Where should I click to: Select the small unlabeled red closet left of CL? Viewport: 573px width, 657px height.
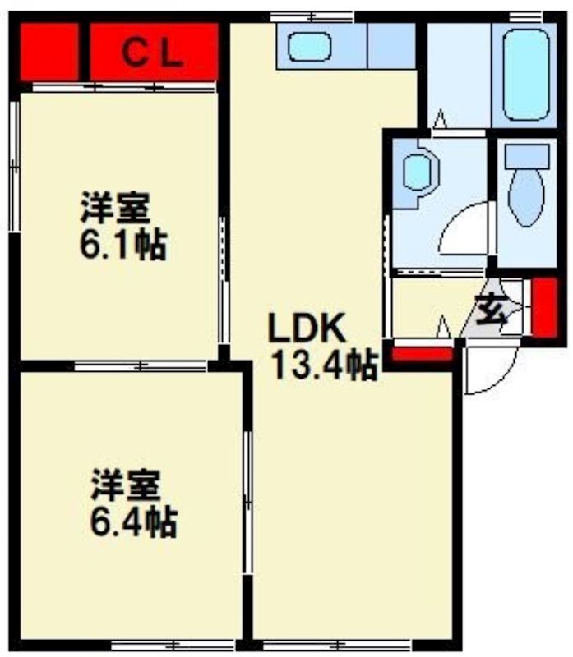click(x=49, y=52)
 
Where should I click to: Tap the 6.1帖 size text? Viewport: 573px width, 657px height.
click(x=123, y=244)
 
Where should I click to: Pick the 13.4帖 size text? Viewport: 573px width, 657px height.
click(x=325, y=364)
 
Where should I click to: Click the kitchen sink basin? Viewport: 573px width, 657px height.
click(x=309, y=46)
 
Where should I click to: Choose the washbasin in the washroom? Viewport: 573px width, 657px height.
click(x=417, y=172)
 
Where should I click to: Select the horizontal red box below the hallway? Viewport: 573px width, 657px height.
click(x=421, y=354)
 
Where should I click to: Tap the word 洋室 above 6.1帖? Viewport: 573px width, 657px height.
click(x=115, y=208)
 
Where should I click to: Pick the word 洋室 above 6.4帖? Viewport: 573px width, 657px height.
click(x=125, y=485)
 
